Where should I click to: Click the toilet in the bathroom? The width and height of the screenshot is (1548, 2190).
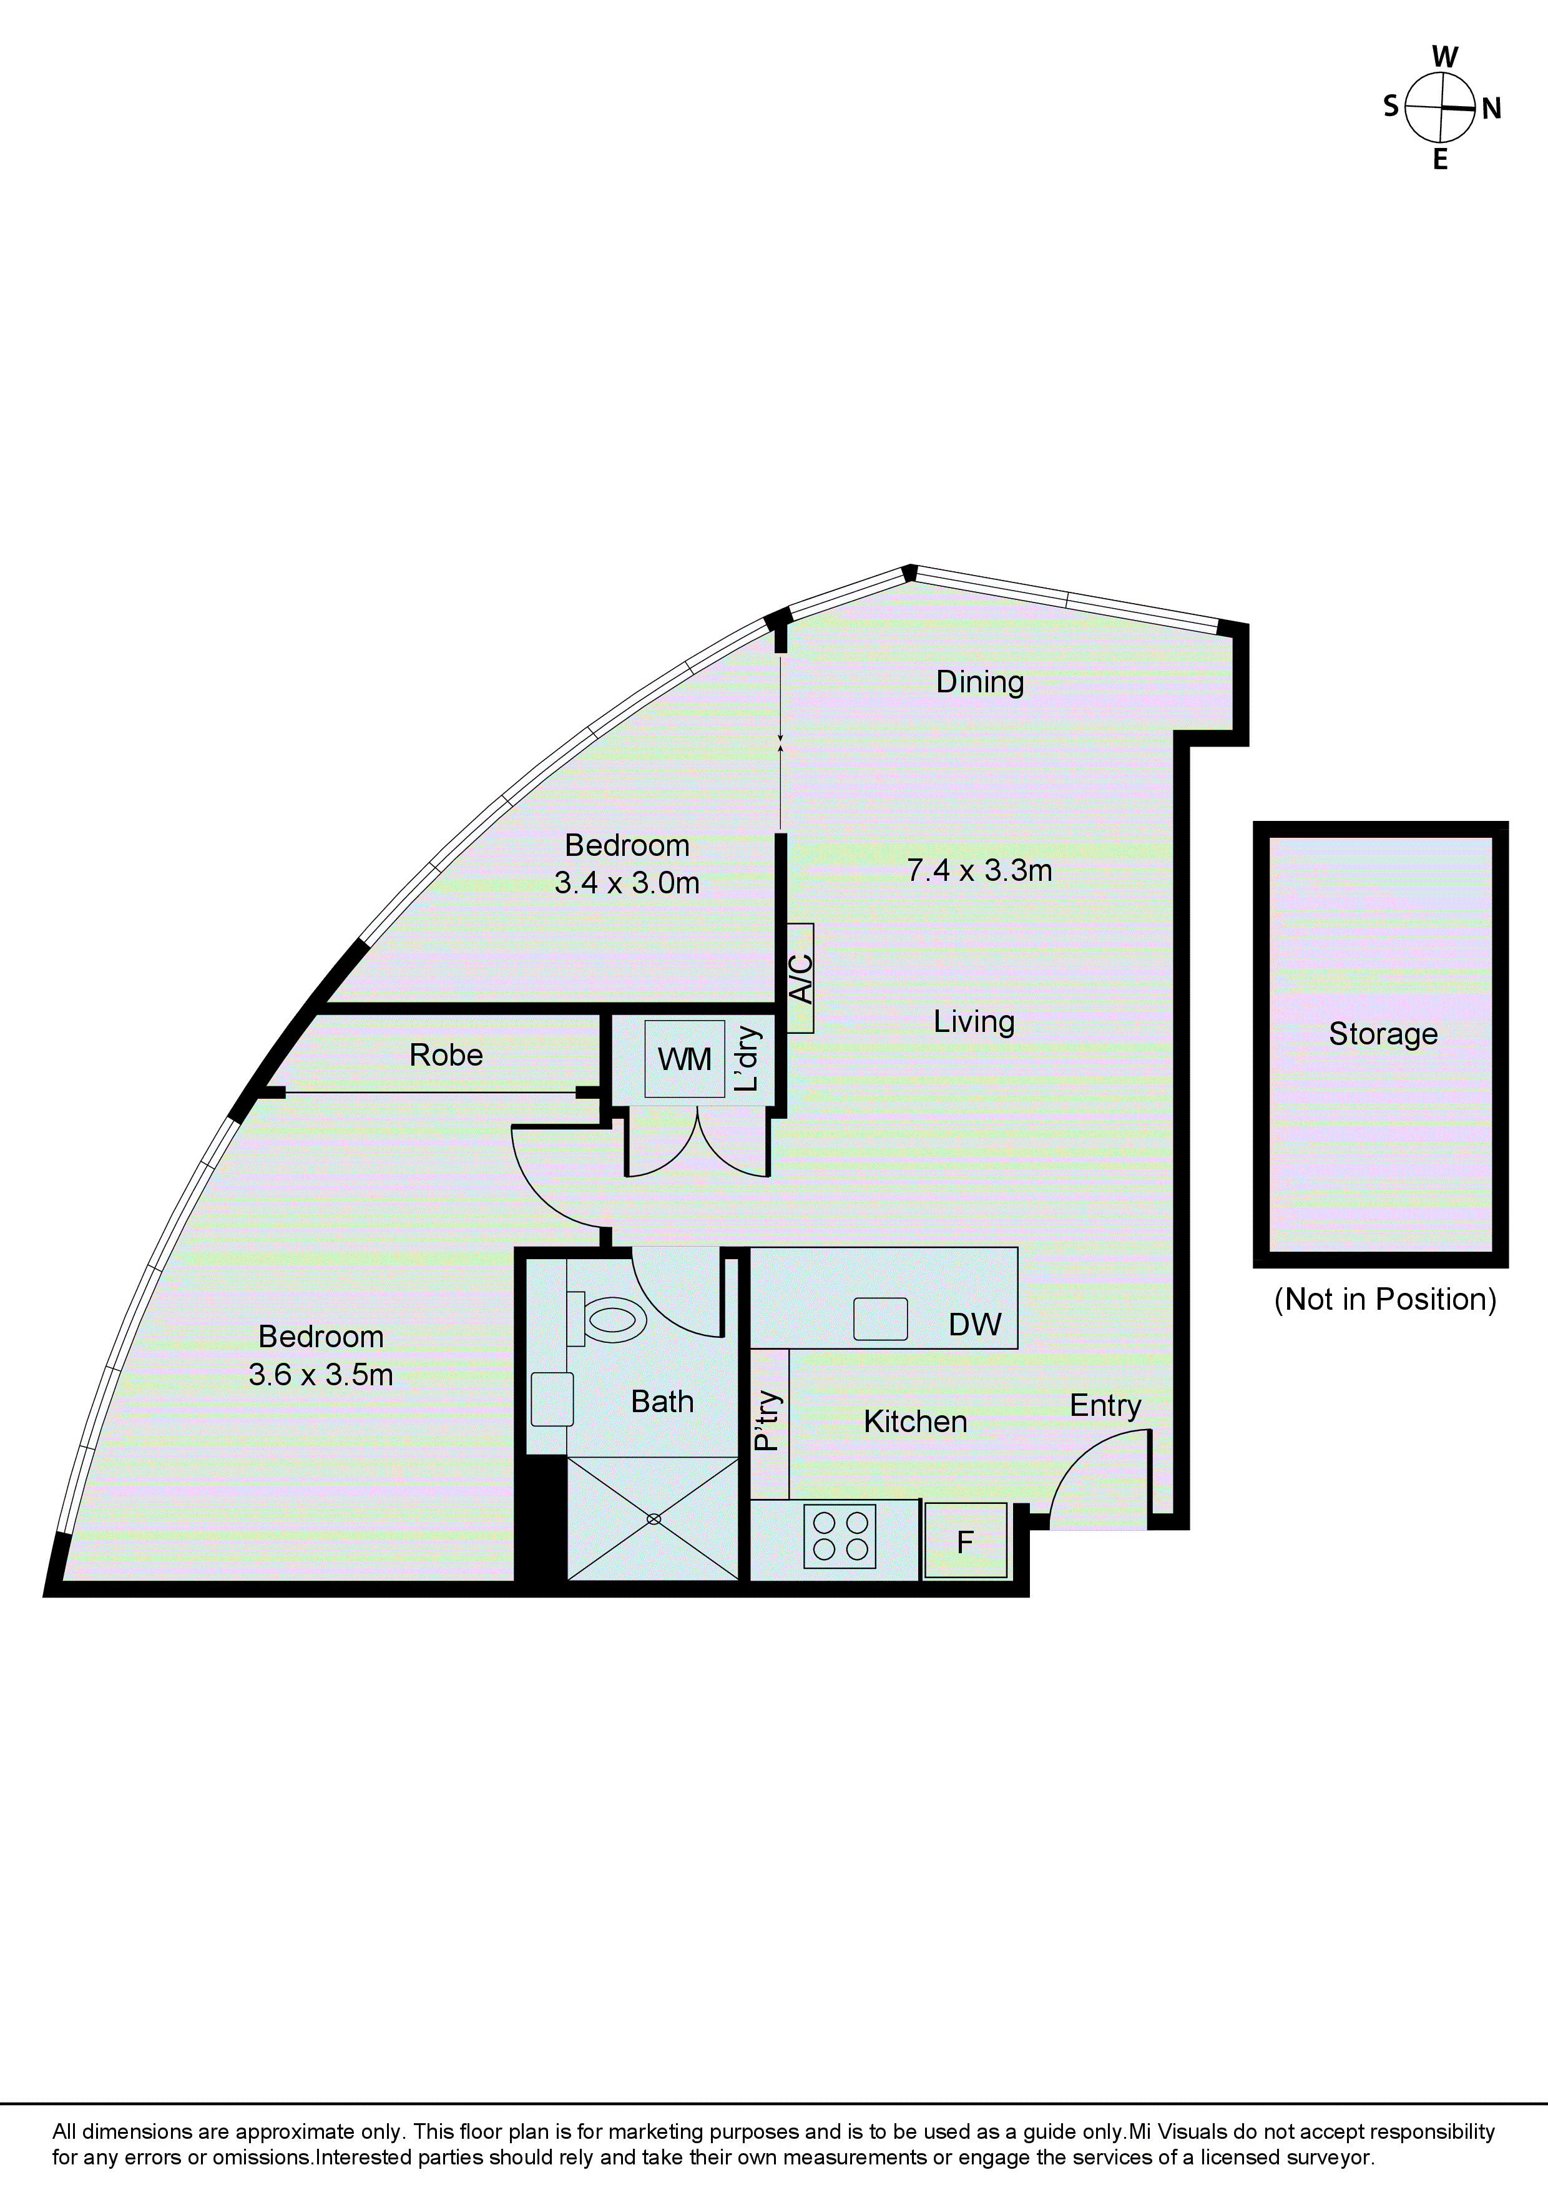pyautogui.click(x=611, y=1319)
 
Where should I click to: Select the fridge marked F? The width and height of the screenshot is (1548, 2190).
pyautogui.click(x=965, y=1541)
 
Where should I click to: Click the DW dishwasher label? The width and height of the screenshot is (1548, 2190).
pyautogui.click(x=975, y=1324)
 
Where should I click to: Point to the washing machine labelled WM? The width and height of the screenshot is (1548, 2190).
pyautogui.click(x=685, y=1059)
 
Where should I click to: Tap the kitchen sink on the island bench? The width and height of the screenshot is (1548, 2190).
pyautogui.click(x=879, y=1319)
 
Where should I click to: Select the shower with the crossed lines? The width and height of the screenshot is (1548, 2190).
pyautogui.click(x=654, y=1518)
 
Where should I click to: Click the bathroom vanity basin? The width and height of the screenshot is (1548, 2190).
pyautogui.click(x=551, y=1399)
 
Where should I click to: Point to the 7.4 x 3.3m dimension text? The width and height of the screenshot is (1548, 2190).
pyautogui.click(x=979, y=870)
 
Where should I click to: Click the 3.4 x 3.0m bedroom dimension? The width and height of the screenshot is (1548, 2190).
pyautogui.click(x=627, y=883)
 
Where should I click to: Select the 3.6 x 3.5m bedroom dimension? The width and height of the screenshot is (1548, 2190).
pyautogui.click(x=320, y=1375)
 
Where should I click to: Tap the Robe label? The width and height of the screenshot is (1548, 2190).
pyautogui.click(x=446, y=1055)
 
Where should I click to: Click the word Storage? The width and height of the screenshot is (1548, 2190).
pyautogui.click(x=1383, y=1034)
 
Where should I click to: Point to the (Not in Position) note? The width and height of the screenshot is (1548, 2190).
pyautogui.click(x=1385, y=1299)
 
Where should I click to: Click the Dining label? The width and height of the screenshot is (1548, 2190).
pyautogui.click(x=979, y=682)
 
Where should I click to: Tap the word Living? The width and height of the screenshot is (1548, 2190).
pyautogui.click(x=974, y=1021)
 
